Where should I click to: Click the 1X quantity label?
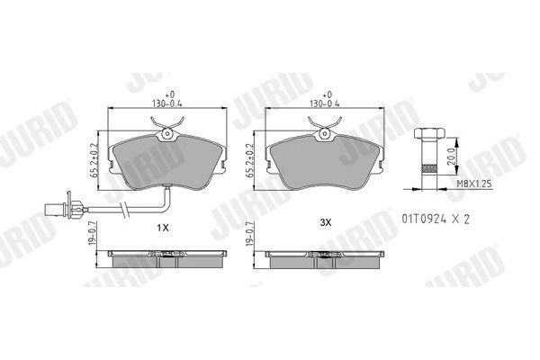[x=163, y=228]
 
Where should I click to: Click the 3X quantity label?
[x=326, y=222]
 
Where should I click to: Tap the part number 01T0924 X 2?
[x=436, y=219]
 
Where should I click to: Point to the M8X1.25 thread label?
[x=474, y=184]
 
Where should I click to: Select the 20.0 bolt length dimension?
[x=451, y=157]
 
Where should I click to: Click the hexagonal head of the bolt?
[x=429, y=132]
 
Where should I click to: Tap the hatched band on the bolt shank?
[x=429, y=168]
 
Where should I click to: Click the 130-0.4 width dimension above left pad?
[x=167, y=103]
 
